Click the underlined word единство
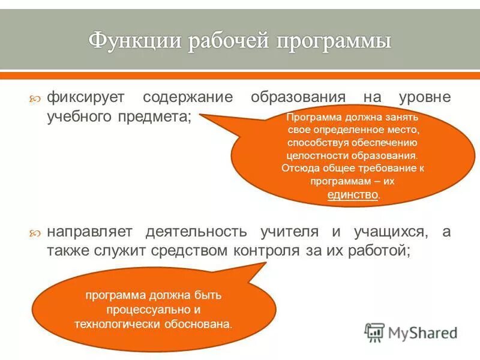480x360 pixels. (353, 194)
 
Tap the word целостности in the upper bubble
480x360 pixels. (317, 155)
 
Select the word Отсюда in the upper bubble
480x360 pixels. (298, 168)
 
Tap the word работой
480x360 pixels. (382, 251)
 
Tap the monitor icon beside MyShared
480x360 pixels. (375, 332)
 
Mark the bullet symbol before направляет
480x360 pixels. (36, 233)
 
